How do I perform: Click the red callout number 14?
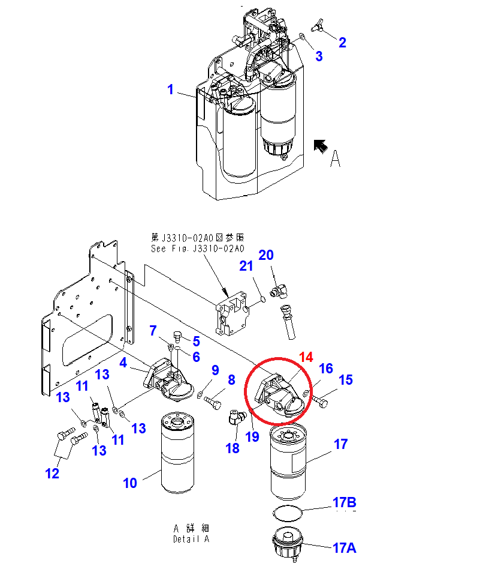pos(306,357)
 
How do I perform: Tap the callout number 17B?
pos(344,502)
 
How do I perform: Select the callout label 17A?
pos(344,548)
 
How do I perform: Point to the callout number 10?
pos(130,483)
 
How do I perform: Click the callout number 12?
pos(52,473)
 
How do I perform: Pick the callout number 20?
pos(266,255)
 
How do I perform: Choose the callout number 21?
pos(246,266)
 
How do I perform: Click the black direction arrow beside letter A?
pos(321,146)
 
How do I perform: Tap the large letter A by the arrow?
pos(335,158)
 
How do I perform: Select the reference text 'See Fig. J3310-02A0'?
pos(198,248)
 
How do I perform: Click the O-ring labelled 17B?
pos(288,513)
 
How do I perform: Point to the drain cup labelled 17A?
pos(288,542)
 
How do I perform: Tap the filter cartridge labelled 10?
pos(178,453)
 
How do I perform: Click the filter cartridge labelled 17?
pos(288,462)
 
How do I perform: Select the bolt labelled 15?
pos(320,402)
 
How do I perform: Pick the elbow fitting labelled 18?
pos(236,418)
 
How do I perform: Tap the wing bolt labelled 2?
pos(317,26)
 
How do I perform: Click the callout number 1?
pos(170,89)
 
